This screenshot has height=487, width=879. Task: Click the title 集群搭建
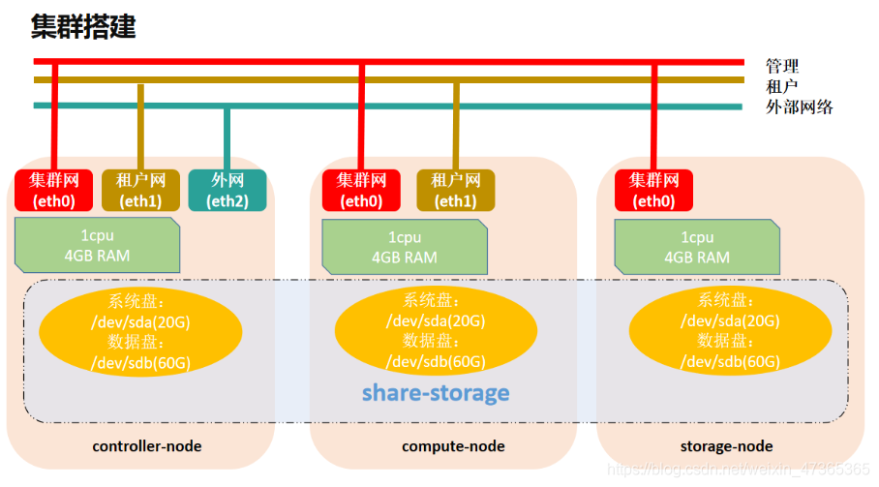click(x=83, y=26)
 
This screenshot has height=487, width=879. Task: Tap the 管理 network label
click(x=782, y=66)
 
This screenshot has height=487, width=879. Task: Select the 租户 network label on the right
click(x=782, y=86)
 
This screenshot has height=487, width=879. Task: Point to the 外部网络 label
click(x=799, y=107)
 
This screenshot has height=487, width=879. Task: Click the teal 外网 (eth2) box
click(x=227, y=190)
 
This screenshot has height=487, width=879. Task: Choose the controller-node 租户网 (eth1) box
click(x=141, y=190)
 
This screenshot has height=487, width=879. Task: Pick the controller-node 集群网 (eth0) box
click(x=53, y=190)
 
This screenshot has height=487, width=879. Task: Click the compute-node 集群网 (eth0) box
click(x=360, y=190)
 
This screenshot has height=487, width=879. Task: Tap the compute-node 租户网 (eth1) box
click(x=455, y=190)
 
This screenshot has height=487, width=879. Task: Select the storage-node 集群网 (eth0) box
click(x=653, y=190)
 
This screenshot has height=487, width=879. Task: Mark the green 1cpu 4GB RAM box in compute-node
click(x=404, y=247)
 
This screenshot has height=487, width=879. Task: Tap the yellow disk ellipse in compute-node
click(x=436, y=331)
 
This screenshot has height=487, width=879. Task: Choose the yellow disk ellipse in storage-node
click(x=730, y=331)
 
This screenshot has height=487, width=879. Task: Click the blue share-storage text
click(x=436, y=393)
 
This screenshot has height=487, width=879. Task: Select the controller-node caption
click(x=146, y=446)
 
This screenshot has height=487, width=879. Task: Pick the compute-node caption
click(x=453, y=446)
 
